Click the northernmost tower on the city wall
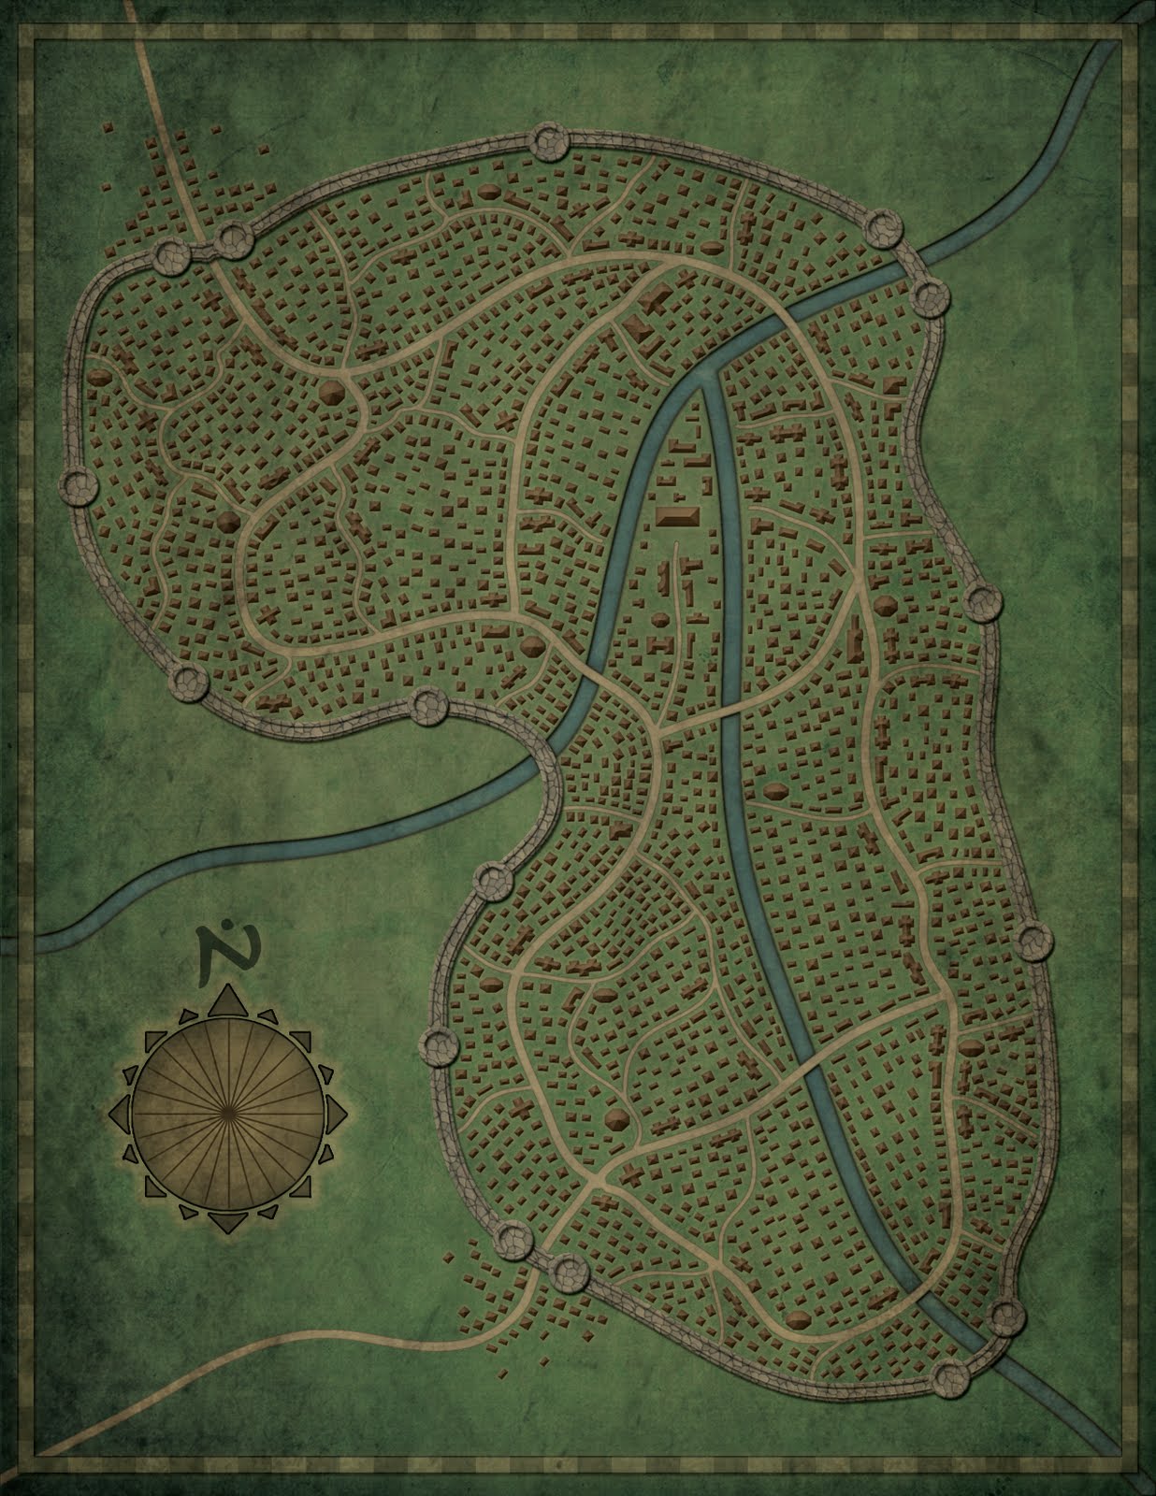tap(547, 142)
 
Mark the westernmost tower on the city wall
tap(79, 485)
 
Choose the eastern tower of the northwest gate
tap(233, 241)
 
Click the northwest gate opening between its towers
tap(202, 250)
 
